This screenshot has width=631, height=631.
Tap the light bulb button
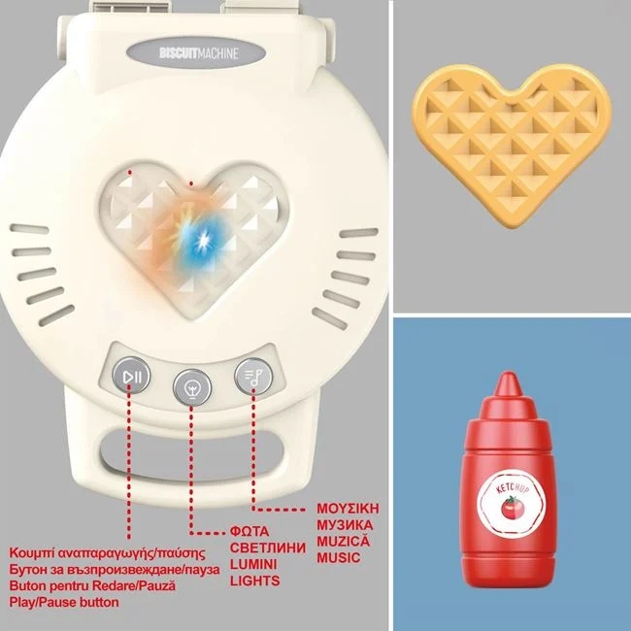tap(192, 388)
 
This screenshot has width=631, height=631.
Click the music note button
tap(253, 377)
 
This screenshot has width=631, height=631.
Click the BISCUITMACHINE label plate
tap(196, 53)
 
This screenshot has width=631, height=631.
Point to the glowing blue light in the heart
tap(201, 242)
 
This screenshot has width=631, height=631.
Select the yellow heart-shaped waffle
tap(512, 146)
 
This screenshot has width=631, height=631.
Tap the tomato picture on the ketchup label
tap(513, 508)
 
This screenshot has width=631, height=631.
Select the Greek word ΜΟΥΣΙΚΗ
tap(348, 509)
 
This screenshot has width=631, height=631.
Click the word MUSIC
tap(339, 558)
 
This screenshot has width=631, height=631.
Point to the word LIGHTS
tap(254, 581)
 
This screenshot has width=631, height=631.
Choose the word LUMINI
tap(253, 564)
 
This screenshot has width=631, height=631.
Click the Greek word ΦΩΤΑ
tap(249, 531)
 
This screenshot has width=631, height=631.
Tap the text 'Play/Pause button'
tap(64, 602)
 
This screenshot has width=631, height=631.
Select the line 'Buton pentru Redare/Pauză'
tap(92, 585)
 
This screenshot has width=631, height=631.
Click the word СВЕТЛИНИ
tap(268, 548)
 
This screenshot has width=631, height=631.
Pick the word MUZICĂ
tap(343, 541)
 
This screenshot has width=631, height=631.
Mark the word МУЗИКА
tap(345, 525)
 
